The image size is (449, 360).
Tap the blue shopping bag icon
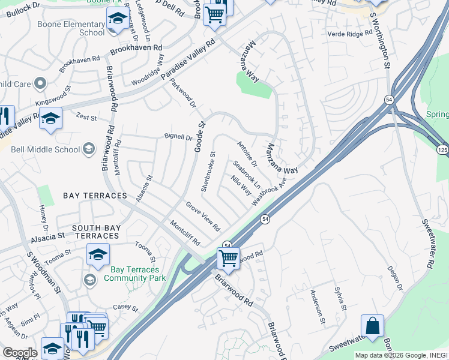[372, 326]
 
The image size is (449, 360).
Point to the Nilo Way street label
[241, 185]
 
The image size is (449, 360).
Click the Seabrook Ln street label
[246, 173]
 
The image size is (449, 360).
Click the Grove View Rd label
[202, 217]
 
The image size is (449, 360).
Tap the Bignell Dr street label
[178, 137]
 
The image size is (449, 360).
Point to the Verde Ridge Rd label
[351, 34]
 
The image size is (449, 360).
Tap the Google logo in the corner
[20, 353]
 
